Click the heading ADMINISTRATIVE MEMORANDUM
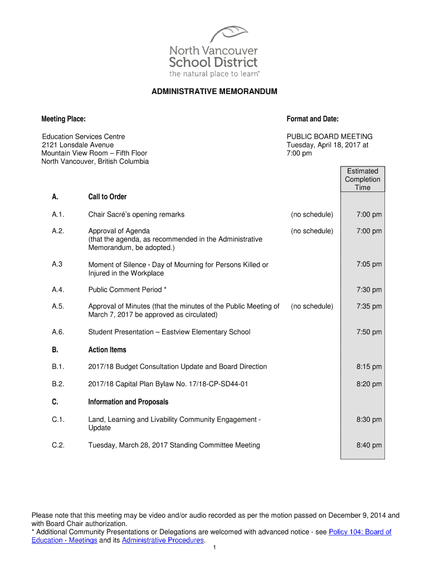coord(214,91)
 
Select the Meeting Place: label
coord(64,119)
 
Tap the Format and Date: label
coord(313,119)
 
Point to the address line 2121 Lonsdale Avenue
coord(77,145)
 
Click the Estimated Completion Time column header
coord(362,179)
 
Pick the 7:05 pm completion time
coord(369,264)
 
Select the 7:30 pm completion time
coord(369,290)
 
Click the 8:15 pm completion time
coord(369,367)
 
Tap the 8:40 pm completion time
coord(369,445)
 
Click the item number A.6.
coord(58,332)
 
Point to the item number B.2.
coord(58,384)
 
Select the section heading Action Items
coord(107,350)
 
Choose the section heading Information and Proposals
coord(128,402)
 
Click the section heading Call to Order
coord(108,197)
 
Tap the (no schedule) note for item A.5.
coord(312,307)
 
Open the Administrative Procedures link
coord(163,540)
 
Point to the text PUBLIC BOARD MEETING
coord(329,137)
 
